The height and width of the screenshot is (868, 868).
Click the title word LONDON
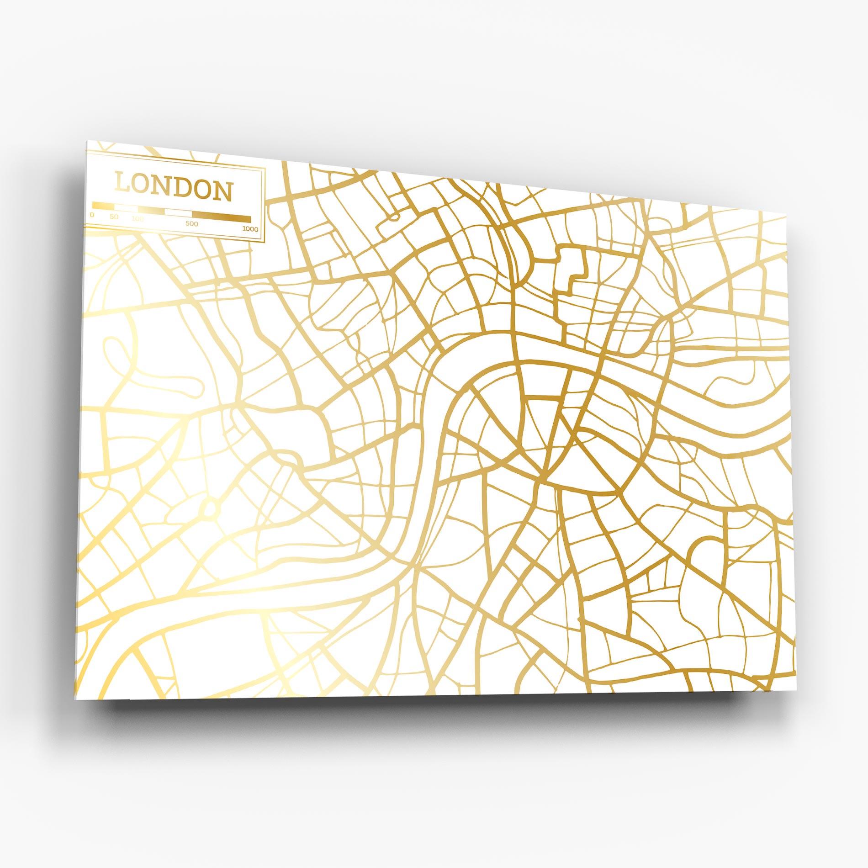click(174, 191)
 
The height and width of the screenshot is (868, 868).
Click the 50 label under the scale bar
click(114, 217)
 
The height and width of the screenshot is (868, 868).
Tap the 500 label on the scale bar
click(192, 223)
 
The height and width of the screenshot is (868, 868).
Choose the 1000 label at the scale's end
click(250, 229)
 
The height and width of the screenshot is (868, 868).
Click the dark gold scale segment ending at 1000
click(221, 217)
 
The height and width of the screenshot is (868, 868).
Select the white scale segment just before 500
click(178, 212)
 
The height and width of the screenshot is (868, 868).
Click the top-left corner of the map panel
click(86, 141)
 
